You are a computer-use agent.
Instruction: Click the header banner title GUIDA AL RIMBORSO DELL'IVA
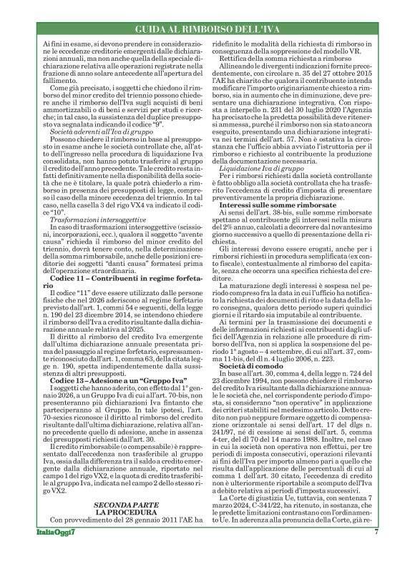[x=207, y=29]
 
